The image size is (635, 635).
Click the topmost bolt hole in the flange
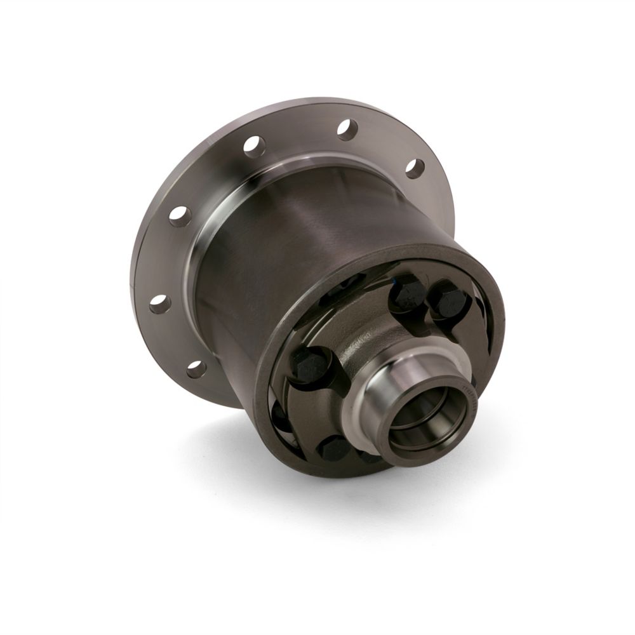347,130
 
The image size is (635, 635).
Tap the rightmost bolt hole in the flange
415,168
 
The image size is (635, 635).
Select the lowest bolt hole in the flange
196,368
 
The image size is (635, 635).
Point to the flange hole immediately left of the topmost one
253,146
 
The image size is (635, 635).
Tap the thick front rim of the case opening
267,356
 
